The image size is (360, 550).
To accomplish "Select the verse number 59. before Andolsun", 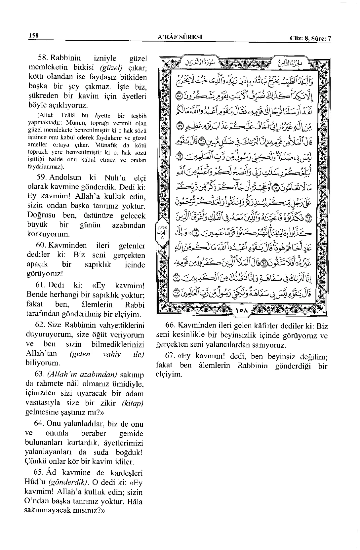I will click(43, 177).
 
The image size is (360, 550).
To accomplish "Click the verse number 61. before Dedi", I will click(41, 285).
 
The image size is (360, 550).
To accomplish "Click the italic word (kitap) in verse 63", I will click(133, 403).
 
